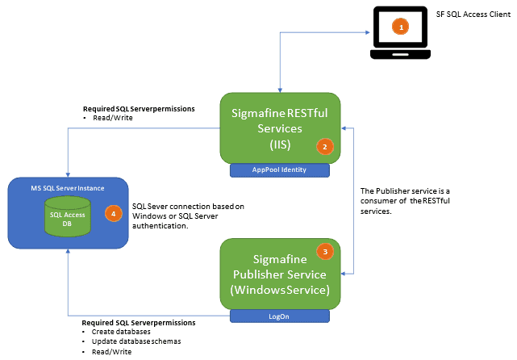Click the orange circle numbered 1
(399, 27)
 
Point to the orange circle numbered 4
(113, 214)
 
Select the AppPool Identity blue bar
(280, 170)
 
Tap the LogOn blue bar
(280, 316)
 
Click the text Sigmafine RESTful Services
(280, 120)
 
